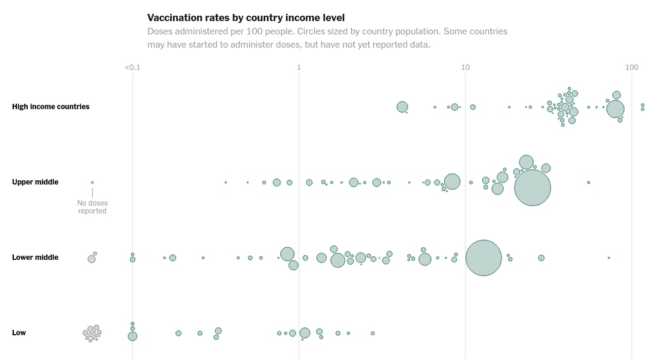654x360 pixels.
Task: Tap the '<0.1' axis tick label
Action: pos(133,68)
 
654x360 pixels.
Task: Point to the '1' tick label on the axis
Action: pos(299,68)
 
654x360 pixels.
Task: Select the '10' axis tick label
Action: pos(465,68)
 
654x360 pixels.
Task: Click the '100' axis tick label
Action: pos(632,68)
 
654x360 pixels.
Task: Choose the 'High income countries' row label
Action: pos(51,107)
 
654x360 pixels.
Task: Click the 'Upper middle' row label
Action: pos(35,182)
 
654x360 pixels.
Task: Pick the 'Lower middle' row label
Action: pos(35,257)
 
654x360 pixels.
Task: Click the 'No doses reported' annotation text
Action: pos(92,207)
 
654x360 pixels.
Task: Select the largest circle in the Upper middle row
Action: pos(533,188)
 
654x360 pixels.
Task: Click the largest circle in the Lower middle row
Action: pos(483,258)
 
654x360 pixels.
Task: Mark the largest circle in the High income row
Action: pos(615,109)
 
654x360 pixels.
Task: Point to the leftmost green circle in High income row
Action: pos(402,107)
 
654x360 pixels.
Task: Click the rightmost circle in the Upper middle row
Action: pos(589,182)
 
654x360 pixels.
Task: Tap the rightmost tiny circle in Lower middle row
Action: pos(609,258)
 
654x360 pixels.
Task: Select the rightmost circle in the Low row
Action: pos(373,333)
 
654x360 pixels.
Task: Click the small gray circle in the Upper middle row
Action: pos(92,182)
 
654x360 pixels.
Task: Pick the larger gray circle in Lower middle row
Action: pos(92,259)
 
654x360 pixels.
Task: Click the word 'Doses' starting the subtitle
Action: pos(160,31)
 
